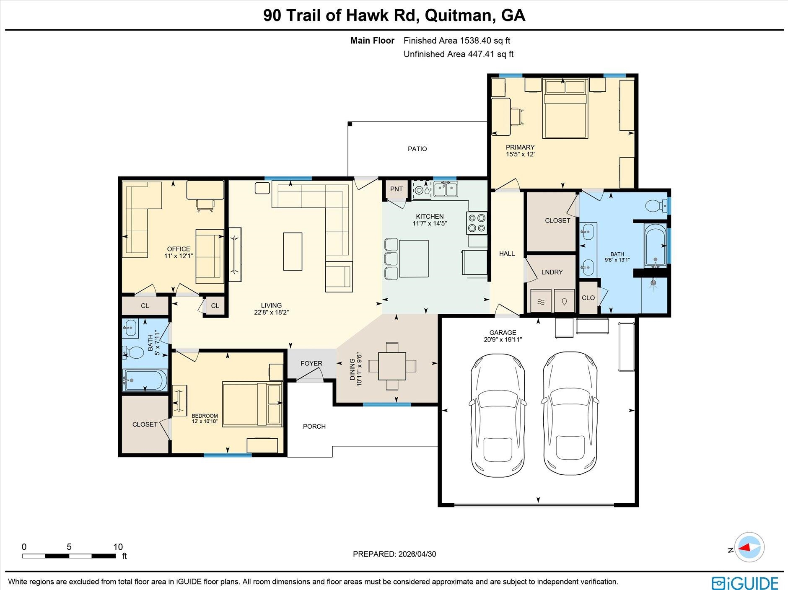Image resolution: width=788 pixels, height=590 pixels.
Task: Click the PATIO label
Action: click(417, 149)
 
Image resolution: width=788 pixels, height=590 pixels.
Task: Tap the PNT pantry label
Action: click(396, 189)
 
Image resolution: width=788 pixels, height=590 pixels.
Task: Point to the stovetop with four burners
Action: click(477, 223)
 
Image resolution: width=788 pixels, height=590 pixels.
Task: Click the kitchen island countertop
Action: click(414, 259)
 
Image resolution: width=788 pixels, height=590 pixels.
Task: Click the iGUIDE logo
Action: click(745, 583)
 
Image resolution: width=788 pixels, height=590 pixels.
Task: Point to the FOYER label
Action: click(311, 363)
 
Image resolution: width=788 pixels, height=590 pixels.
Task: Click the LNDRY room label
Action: click(552, 272)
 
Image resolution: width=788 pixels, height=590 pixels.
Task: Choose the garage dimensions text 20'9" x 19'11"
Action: click(503, 339)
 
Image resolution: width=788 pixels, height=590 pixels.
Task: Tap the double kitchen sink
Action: click(446, 189)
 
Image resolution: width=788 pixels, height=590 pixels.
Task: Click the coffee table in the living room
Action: click(293, 251)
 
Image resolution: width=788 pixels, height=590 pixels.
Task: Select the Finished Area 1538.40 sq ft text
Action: click(457, 41)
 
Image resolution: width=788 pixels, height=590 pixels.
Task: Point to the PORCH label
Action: click(314, 427)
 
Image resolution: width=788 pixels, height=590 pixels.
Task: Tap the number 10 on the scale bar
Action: click(118, 547)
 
